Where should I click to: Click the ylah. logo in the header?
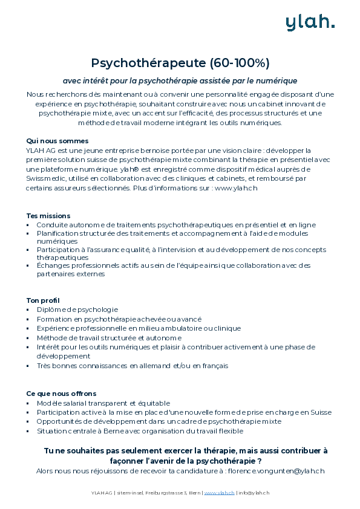pos(310,22)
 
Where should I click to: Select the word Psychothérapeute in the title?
pos(149,63)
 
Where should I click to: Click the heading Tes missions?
pos(48,216)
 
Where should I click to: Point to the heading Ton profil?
pos(43,300)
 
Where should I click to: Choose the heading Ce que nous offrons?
pos(61,394)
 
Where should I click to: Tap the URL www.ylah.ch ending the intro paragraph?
pos(236,188)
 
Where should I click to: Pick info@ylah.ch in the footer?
pos(254,493)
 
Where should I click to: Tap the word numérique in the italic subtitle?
pos(277,80)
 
